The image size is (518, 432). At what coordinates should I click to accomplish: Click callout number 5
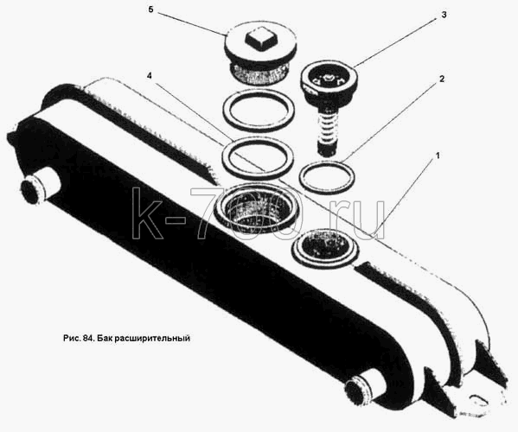point(151,10)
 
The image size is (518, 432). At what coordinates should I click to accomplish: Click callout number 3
point(444,15)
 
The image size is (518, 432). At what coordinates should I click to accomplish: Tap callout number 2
point(441,79)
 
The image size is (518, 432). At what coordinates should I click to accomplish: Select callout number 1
point(438,156)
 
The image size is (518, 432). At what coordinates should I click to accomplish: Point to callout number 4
point(150,75)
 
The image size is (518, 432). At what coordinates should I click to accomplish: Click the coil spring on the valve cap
point(327,126)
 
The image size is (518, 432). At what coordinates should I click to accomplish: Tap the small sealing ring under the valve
point(327,177)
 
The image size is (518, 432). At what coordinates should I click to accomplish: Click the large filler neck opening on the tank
point(258,208)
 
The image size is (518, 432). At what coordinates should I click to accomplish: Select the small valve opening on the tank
point(325,246)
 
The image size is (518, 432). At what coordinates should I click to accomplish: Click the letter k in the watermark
point(148,213)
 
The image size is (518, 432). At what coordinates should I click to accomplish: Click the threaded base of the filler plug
point(259,73)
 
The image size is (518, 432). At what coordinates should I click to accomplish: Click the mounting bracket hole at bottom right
point(477,397)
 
